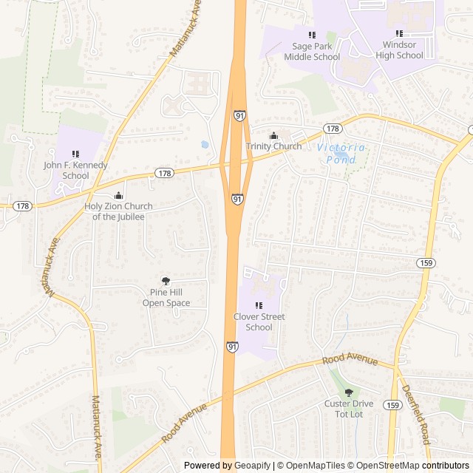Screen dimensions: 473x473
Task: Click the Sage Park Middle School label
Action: coord(312,51)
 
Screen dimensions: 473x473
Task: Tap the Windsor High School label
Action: coord(399,50)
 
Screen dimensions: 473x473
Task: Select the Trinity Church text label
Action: coord(274,146)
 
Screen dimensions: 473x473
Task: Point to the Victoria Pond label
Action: coord(341,153)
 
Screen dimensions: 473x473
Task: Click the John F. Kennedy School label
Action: coord(75,170)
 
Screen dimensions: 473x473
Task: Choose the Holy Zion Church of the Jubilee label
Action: coord(118,211)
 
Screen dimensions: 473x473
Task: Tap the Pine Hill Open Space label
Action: coord(166,298)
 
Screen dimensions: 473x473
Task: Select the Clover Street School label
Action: coord(259,322)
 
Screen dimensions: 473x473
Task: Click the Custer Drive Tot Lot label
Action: coord(349,408)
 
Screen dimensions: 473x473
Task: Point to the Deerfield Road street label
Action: coord(415,414)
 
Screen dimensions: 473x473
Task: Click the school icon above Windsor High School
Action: coord(399,33)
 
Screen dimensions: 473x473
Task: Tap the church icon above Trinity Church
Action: coord(274,135)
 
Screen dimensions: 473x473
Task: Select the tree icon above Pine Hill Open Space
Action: coord(166,281)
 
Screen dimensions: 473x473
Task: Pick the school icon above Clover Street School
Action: coord(259,306)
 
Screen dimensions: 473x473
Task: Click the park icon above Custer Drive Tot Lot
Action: coord(349,392)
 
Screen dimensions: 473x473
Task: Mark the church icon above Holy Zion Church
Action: coord(118,195)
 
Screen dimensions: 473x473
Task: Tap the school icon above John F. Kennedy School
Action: coord(75,154)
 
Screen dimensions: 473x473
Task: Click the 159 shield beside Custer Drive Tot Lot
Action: coord(393,405)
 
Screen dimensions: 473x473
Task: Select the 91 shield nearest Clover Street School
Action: coord(232,346)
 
